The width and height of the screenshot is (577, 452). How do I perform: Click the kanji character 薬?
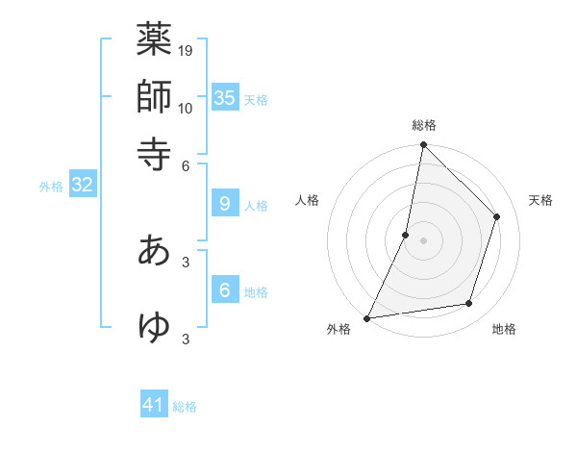(x=154, y=41)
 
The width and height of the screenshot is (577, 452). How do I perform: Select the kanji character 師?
(x=154, y=97)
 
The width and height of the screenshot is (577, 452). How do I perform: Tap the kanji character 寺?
(x=154, y=153)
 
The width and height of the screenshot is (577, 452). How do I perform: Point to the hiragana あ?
(x=154, y=249)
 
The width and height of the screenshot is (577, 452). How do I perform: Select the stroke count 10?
(x=186, y=108)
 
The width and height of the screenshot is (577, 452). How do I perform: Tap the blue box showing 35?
(x=225, y=97)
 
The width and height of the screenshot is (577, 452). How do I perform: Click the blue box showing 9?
(x=225, y=204)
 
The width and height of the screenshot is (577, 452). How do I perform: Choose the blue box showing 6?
(x=225, y=289)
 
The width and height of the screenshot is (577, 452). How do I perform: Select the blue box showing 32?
(x=82, y=185)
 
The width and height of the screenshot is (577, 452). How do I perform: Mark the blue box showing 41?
(x=155, y=405)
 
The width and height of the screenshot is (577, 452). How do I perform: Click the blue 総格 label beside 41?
(x=185, y=407)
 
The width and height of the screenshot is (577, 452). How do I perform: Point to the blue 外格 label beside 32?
(x=50, y=187)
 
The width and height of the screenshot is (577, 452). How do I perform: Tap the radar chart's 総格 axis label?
(x=423, y=126)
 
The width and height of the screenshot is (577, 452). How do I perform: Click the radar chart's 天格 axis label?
(x=540, y=200)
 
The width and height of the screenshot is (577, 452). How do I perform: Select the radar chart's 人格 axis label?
(x=308, y=200)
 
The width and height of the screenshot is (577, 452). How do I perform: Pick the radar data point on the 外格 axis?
(x=366, y=318)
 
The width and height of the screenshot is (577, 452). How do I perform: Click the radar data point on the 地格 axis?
(x=469, y=304)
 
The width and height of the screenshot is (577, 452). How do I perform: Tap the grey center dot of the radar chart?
(x=423, y=240)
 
